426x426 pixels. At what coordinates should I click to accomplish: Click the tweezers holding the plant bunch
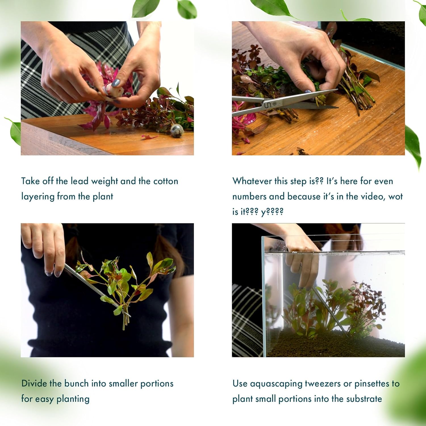click(94, 287)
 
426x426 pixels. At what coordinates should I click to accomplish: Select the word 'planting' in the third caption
click(73, 399)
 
